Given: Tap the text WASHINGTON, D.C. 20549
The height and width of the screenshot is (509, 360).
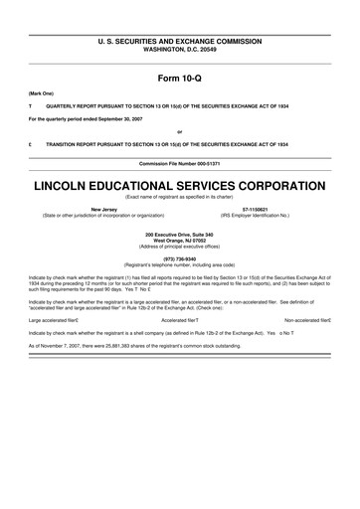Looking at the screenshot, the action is pos(179,49).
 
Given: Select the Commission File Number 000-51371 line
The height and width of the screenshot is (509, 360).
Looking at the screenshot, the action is pos(179,162).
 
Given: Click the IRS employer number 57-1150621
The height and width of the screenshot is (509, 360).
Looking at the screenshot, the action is pos(255,210).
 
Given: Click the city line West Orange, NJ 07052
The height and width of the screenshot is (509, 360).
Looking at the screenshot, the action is pos(179,239).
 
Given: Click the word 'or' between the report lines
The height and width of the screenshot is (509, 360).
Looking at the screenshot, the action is pos(179,130).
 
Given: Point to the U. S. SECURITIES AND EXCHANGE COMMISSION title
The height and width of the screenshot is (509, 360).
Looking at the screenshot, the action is pos(179,41).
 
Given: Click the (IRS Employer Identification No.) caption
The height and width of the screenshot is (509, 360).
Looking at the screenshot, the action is pos(255,216).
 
